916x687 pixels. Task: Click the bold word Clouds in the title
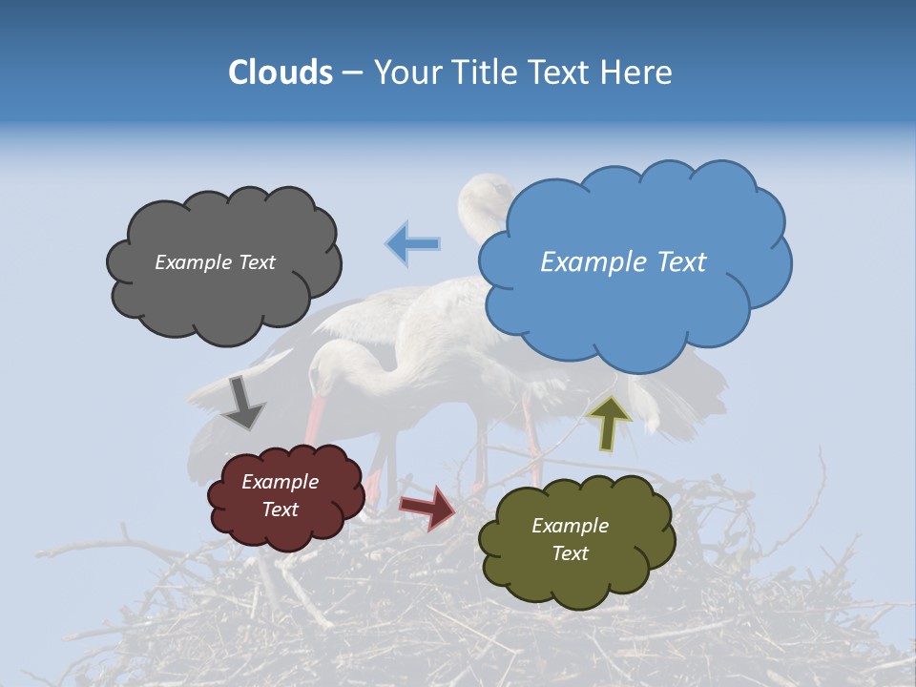(281, 73)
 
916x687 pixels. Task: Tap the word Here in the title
(640, 73)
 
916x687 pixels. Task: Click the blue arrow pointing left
(413, 243)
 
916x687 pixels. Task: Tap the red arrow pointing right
(428, 507)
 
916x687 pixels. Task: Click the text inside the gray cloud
(215, 262)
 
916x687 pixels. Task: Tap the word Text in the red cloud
(281, 510)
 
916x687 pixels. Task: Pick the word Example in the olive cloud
(570, 526)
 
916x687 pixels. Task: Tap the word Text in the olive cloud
(570, 553)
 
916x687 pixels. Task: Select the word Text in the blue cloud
(681, 262)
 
